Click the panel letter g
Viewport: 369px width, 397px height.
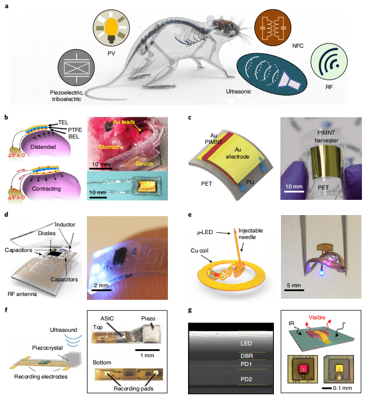[x=189, y=311]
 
